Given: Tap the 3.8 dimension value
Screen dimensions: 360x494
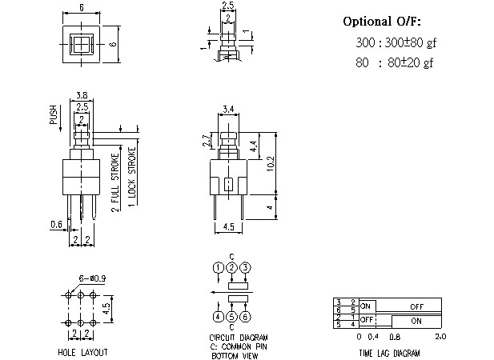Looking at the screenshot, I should pyautogui.click(x=81, y=94).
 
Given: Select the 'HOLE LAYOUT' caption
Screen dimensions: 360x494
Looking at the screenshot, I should pyautogui.click(x=82, y=352).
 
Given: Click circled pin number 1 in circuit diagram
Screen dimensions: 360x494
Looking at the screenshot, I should pyautogui.click(x=217, y=266).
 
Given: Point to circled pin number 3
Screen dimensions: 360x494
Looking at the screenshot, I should pyautogui.click(x=246, y=266).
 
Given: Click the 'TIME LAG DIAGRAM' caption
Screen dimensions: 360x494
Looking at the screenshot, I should pyautogui.click(x=388, y=352).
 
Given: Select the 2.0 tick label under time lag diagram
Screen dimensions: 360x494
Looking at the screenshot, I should pyautogui.click(x=439, y=336).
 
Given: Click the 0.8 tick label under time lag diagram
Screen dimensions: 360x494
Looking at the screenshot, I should pyautogui.click(x=395, y=336).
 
